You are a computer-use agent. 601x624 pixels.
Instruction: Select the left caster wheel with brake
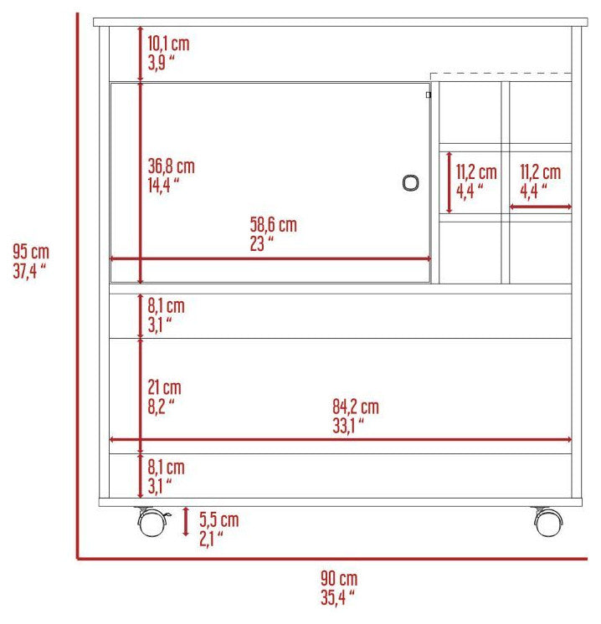152,521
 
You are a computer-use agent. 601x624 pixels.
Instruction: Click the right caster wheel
548,521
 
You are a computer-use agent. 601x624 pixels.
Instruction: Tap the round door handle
410,183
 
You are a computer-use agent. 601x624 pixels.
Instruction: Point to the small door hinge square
429,95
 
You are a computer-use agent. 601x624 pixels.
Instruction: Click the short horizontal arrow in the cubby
541,207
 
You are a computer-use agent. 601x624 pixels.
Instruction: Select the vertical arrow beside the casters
186,522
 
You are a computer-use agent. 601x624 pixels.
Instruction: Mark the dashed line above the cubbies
501,74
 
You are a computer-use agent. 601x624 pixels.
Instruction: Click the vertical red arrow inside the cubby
449,182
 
